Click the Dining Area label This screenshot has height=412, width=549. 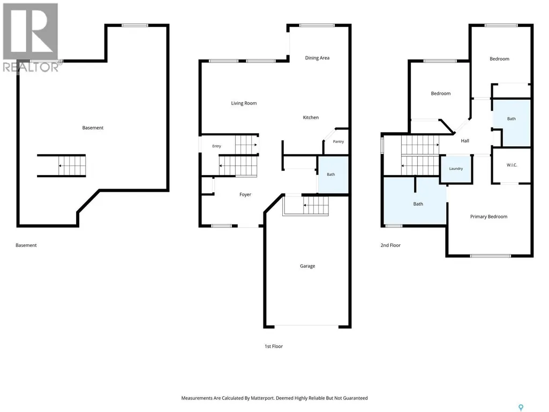pos(317,58)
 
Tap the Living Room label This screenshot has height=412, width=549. pos(244,103)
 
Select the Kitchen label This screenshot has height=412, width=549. pos(311,117)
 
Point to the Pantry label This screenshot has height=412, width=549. pos(338,141)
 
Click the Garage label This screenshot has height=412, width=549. pos(307,266)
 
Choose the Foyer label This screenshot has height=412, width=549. pos(245,194)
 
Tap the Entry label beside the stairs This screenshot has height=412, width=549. pos(216,146)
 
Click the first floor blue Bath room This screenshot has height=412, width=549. pos(333,175)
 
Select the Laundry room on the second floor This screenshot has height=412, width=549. pos(456,169)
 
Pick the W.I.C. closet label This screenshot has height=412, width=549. pos(512,165)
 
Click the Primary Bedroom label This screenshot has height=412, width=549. pos(488,216)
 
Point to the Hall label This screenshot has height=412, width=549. pos(465,141)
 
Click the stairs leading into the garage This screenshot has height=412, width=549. pos(306,205)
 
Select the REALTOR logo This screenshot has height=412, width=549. pos(31,38)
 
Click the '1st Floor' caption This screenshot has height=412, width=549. pos(274,346)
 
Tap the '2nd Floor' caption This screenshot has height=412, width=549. pos(390,245)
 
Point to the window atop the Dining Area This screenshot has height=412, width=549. pos(317,25)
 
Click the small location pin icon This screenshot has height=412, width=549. pos(521,407)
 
